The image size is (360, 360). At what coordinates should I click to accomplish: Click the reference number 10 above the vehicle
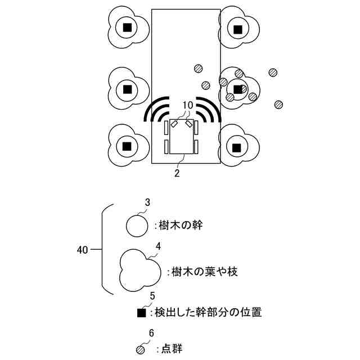(188, 105)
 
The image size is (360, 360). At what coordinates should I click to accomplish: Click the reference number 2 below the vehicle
(177, 173)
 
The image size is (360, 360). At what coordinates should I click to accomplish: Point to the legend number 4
(158, 246)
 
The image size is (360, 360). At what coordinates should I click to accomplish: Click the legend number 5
(152, 295)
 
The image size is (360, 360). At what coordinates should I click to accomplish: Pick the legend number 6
(151, 333)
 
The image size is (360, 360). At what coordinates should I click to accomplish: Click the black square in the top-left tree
(128, 28)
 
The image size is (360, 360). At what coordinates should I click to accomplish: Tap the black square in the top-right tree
(238, 29)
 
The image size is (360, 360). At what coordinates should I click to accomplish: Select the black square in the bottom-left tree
(127, 146)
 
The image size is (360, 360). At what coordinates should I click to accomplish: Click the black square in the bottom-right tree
(237, 147)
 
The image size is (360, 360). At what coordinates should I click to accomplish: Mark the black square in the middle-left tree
(128, 89)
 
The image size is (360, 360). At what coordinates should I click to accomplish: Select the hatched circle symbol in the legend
(141, 349)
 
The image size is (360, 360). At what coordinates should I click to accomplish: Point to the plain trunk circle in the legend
(136, 226)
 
